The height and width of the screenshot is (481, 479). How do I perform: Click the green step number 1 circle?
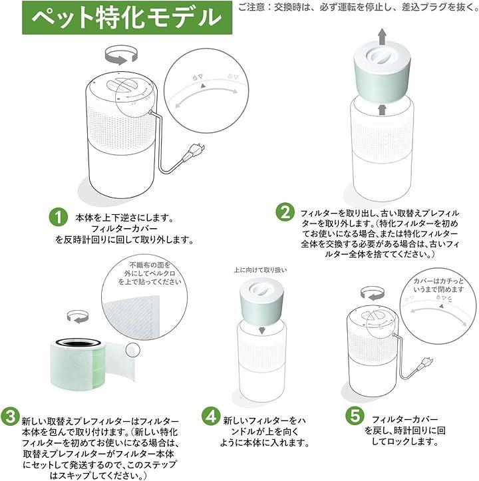coord(59,217)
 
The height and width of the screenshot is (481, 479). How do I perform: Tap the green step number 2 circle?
coord(285,212)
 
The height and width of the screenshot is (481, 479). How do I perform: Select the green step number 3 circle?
coord(10,416)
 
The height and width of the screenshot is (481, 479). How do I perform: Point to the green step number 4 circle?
coord(211,416)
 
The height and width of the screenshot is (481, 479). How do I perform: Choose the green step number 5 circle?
coord(355,416)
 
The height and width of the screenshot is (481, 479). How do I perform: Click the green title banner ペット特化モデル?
coord(127,17)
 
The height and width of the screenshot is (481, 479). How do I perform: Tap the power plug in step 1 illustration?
coord(194,152)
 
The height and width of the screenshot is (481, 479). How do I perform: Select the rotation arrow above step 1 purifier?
coord(121,55)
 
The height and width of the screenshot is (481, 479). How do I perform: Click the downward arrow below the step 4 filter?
coord(261,329)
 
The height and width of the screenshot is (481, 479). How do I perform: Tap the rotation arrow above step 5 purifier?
coord(372,293)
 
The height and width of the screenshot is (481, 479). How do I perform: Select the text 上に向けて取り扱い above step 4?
coord(260,270)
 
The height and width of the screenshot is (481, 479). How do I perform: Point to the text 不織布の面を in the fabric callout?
coord(150,265)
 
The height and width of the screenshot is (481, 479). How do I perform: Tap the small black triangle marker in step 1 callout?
coord(203,86)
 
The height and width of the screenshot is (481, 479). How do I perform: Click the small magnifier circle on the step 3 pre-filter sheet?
coord(133,349)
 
